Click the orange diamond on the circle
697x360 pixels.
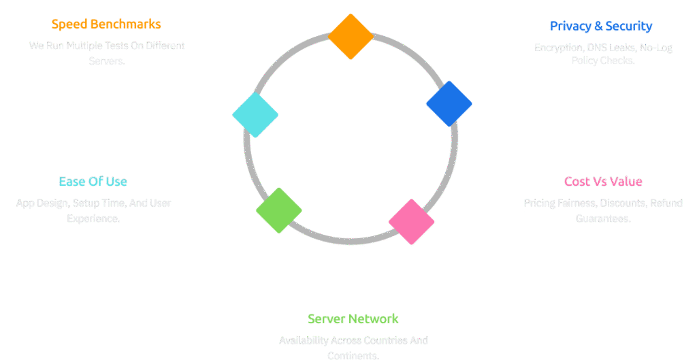point(351,36)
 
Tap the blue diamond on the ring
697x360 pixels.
point(449,103)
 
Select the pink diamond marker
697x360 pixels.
point(411,222)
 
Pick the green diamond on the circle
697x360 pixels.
point(279,210)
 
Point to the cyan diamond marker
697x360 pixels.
point(255,114)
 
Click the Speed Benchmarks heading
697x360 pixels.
point(106,24)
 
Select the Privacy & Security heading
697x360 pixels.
point(601,27)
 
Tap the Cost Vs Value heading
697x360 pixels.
point(603,182)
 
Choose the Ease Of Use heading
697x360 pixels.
point(93,182)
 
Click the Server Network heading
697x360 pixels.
point(353,318)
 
